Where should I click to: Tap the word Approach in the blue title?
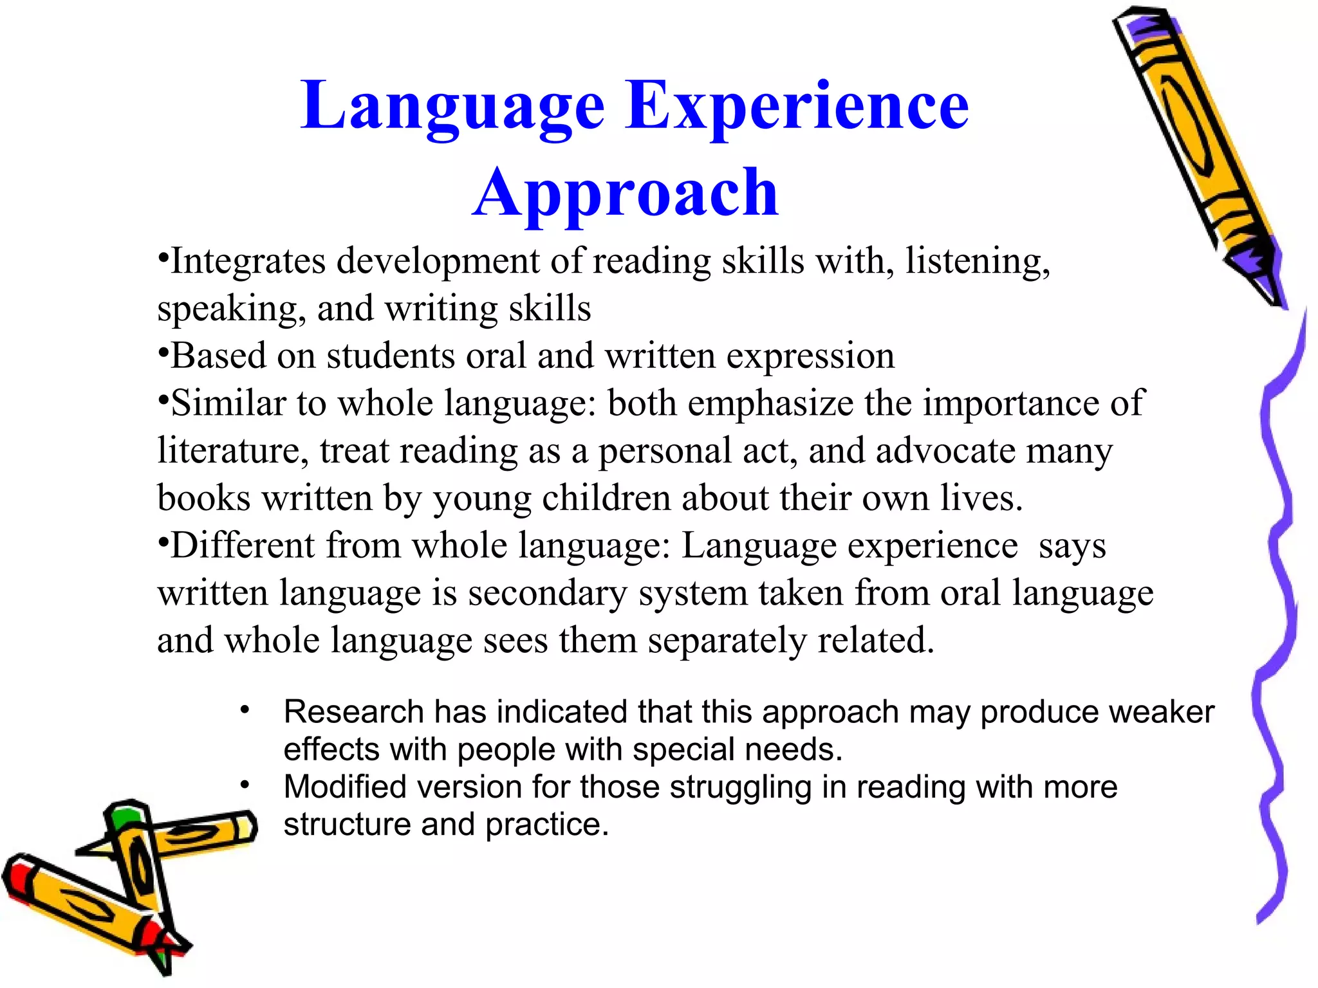click(626, 193)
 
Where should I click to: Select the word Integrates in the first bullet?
click(248, 262)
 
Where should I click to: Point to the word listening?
click(977, 262)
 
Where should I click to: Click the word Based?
click(218, 356)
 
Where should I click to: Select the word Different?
click(242, 545)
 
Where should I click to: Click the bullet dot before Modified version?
click(245, 785)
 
